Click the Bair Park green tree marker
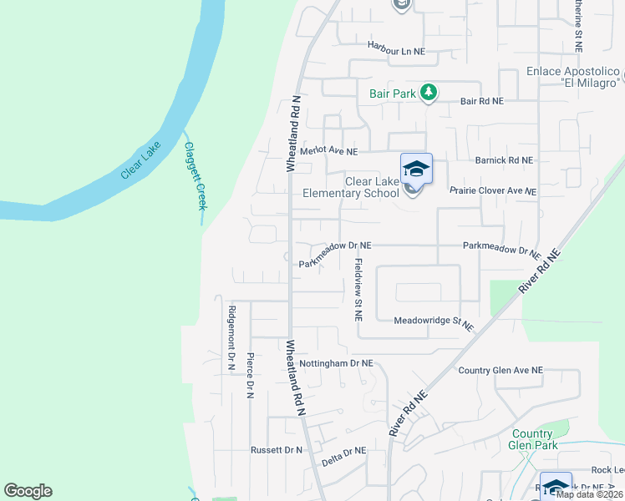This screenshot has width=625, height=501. click(x=429, y=93)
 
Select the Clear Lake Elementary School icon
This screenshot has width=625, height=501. click(x=416, y=170)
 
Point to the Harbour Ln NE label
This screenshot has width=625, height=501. click(x=396, y=51)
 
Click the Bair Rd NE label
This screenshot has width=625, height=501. click(x=482, y=101)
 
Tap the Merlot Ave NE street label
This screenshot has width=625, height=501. click(x=329, y=152)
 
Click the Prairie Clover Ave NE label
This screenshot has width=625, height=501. click(x=492, y=191)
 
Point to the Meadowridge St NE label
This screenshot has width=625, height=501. click(x=434, y=321)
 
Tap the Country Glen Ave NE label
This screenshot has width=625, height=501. click(x=501, y=370)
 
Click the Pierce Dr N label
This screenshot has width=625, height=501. click(x=249, y=372)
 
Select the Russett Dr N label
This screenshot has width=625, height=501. click(x=277, y=450)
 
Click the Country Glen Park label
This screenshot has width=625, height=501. click(x=531, y=439)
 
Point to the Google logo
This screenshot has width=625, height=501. click(x=28, y=491)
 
